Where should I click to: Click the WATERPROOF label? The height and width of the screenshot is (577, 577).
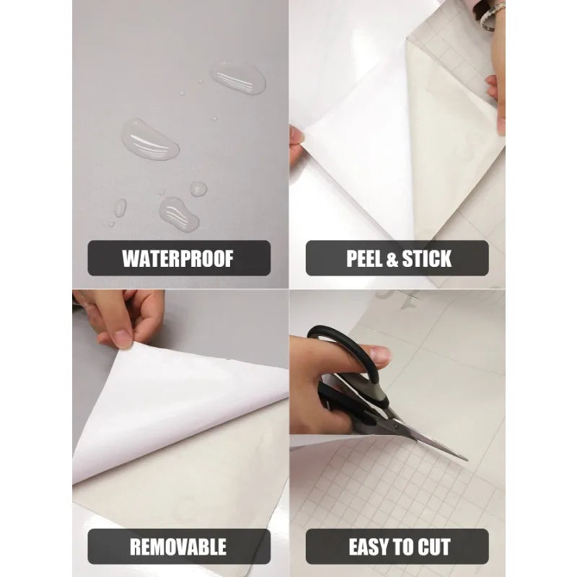(178, 258)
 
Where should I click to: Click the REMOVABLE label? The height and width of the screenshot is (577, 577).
(178, 546)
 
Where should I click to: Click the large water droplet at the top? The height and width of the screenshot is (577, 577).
(239, 77)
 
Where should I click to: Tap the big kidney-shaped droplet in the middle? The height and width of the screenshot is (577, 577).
(150, 138)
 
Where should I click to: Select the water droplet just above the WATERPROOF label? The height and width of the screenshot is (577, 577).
(178, 214)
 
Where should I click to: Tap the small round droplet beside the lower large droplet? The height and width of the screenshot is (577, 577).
(198, 189)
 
